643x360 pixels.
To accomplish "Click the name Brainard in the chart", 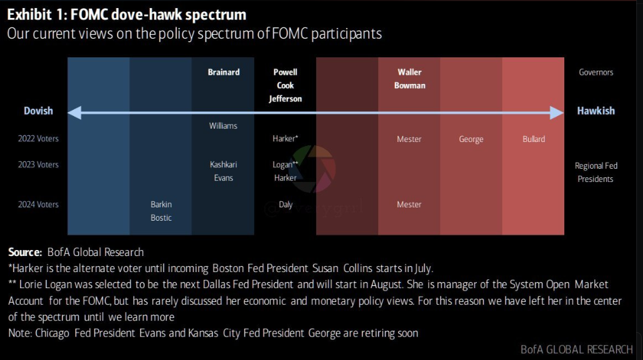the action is [x=223, y=72].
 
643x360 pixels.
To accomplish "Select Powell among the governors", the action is [x=285, y=72].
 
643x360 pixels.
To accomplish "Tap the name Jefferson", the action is [x=285, y=99].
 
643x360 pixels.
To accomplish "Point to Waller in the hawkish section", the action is [x=410, y=72].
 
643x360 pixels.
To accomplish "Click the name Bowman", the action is [x=410, y=86].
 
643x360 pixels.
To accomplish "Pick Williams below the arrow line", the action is [x=223, y=126].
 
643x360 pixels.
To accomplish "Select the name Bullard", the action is [x=534, y=139].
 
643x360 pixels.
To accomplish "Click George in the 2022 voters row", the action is [x=471, y=139].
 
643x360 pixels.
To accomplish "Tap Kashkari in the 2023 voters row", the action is [x=223, y=165].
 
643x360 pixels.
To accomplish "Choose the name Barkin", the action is [x=161, y=204].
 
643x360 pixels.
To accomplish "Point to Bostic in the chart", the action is [x=161, y=218].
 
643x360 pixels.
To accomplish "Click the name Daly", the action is [x=286, y=205].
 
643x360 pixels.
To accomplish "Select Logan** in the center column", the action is [x=285, y=165].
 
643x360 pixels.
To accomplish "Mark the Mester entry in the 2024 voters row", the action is [x=410, y=204].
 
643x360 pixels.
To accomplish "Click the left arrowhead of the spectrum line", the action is [x=74, y=113].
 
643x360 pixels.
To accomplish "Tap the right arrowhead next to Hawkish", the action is [x=557, y=113].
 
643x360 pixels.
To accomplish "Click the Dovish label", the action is [x=38, y=111].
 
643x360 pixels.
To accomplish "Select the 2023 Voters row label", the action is [x=38, y=165].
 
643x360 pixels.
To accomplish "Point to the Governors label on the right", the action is [x=596, y=72].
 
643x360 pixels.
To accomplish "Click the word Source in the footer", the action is [x=25, y=252].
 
